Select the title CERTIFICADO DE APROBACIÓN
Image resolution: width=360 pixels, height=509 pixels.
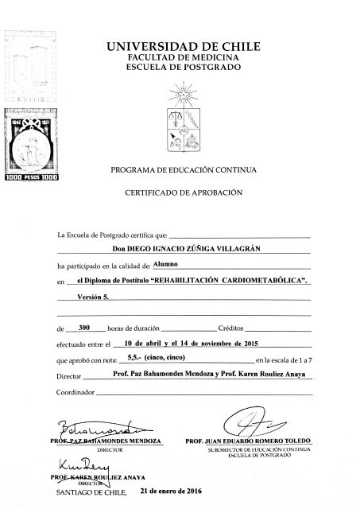click(x=188, y=193)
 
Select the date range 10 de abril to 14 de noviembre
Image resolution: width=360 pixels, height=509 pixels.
click(x=186, y=343)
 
